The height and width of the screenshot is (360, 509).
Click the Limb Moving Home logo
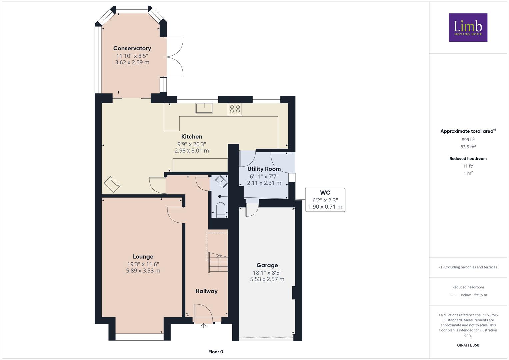point(468,27)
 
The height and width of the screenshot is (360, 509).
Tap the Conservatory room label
point(132,48)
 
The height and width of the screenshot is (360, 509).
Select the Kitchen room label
point(192,136)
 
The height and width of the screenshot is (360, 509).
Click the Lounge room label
point(143,257)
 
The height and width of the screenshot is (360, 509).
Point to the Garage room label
point(267,265)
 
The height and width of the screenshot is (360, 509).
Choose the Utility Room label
point(264,169)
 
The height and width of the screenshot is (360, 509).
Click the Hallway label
point(206,291)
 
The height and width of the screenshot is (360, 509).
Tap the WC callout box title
point(325,193)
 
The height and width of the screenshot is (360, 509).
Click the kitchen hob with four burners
point(235,109)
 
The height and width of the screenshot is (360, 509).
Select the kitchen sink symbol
point(204,108)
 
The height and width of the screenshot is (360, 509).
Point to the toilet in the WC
point(220,210)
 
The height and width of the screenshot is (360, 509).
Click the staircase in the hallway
point(218,262)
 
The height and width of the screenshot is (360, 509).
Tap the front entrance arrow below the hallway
point(203,326)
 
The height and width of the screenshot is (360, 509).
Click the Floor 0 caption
point(216,352)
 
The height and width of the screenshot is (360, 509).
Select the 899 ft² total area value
point(468,139)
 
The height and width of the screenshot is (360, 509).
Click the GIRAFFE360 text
point(468,345)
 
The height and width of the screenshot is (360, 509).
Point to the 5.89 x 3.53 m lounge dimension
point(143,270)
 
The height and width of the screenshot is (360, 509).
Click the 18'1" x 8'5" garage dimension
point(267,273)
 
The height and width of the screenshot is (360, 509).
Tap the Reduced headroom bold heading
point(468,158)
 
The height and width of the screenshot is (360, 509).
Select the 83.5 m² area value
point(468,147)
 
